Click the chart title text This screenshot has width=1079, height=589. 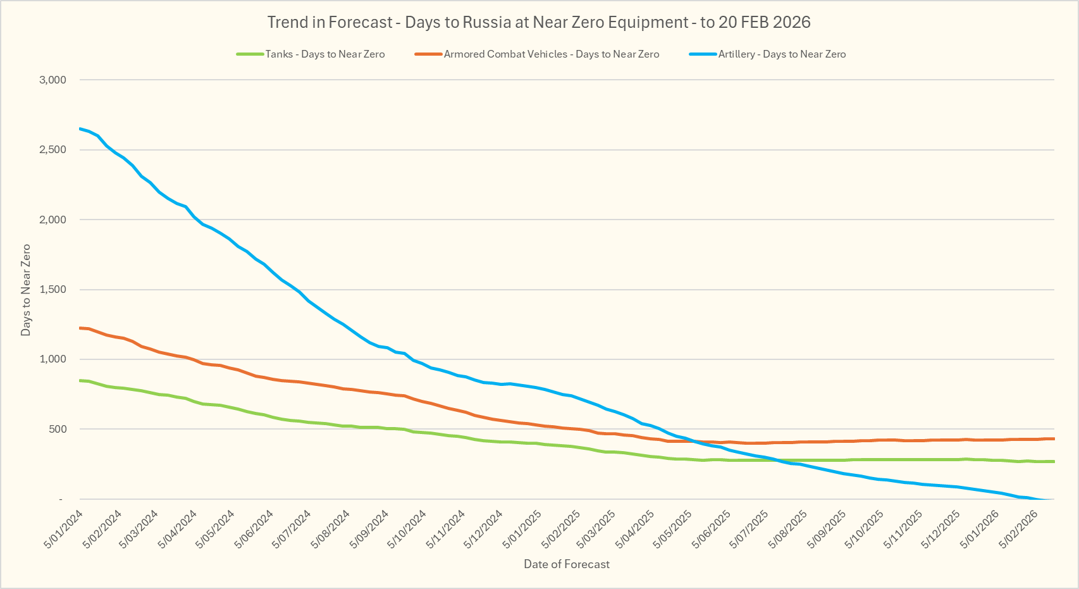tap(539, 22)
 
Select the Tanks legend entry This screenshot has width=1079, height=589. tap(324, 54)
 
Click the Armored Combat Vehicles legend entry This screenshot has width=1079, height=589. tap(551, 54)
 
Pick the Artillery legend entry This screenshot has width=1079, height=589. tap(782, 54)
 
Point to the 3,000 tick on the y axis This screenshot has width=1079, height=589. tap(52, 80)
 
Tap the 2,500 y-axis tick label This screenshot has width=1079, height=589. tap(52, 150)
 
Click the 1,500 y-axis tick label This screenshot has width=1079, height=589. tap(52, 290)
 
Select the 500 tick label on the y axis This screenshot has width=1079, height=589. tap(57, 429)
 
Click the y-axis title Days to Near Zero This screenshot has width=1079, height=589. tap(26, 290)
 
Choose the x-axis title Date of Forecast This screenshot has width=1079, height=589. tap(567, 564)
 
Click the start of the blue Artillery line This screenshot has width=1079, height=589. tap(80, 128)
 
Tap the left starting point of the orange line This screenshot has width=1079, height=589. tap(80, 328)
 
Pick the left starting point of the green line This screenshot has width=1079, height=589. tap(80, 380)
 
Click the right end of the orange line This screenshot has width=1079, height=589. tap(1054, 438)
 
